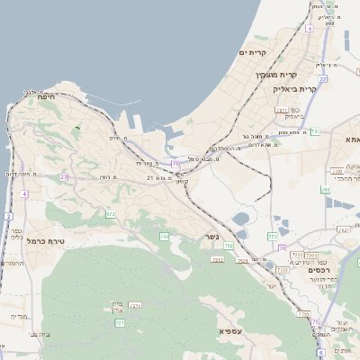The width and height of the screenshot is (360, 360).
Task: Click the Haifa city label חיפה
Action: coord(48,97)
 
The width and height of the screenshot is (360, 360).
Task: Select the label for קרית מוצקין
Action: coord(275,75)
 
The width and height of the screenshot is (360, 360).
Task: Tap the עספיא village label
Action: coord(230,330)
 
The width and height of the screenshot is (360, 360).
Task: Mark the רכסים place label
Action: coord(319,270)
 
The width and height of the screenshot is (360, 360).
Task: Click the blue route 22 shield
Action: coord(322,79)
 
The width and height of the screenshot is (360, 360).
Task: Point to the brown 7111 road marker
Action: coord(281,110)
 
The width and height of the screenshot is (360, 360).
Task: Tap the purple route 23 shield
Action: coord(64,177)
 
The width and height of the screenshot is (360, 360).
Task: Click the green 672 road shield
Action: coord(111,214)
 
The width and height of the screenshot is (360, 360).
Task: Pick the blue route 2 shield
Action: coord(9,216)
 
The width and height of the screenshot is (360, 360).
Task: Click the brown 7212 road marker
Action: coord(217,259)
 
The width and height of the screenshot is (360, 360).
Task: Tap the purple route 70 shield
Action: coord(283,247)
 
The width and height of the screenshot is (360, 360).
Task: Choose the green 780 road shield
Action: coord(326,190)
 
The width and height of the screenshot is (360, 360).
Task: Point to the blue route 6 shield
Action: coord(320,354)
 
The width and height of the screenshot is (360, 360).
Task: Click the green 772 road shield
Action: coord(273,237)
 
